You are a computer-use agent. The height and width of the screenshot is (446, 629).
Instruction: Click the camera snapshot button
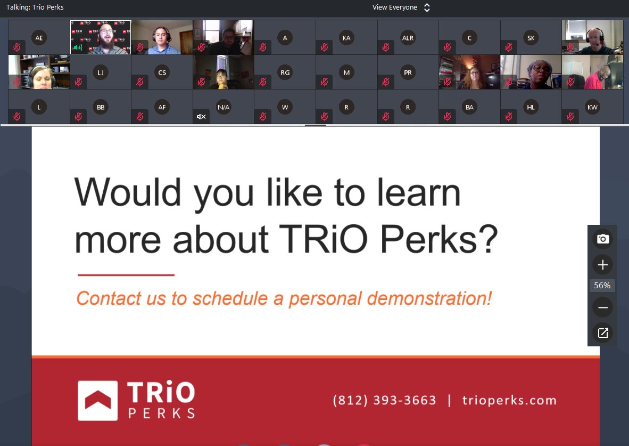click(602, 239)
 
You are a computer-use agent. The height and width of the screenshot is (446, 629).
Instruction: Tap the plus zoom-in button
click(602, 265)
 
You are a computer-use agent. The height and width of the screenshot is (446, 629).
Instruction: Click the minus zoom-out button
click(602, 307)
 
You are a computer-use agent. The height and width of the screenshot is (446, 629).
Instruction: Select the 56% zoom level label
click(602, 286)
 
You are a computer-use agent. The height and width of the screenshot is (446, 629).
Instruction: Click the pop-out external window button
click(602, 333)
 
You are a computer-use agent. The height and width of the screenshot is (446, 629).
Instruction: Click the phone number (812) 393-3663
click(384, 400)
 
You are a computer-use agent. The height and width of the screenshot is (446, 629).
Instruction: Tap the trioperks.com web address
click(509, 400)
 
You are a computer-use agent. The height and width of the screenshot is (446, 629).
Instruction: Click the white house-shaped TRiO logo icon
click(97, 400)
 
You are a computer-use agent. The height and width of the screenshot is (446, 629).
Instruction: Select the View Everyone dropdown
click(401, 7)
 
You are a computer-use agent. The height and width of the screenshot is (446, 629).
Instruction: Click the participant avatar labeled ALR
click(408, 38)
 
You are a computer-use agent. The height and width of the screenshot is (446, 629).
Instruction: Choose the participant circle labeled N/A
click(224, 107)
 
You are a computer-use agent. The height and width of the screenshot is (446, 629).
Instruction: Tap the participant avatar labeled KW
click(592, 107)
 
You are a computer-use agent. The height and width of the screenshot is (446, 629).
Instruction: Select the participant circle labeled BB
click(101, 107)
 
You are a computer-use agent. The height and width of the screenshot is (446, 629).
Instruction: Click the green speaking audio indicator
click(78, 48)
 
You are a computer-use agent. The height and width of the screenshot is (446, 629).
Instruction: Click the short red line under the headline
click(126, 275)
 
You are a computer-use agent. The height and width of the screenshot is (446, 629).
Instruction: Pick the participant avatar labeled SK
click(531, 38)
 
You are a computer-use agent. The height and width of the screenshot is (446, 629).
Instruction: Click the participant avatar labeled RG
click(285, 72)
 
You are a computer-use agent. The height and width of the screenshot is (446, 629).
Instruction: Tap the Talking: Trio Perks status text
click(35, 7)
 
